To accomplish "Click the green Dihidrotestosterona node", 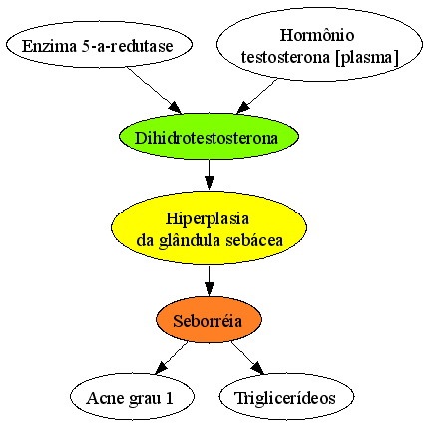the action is (210, 137).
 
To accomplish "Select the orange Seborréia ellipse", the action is (210, 320).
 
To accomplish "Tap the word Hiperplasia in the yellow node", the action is (208, 219).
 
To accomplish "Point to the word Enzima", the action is (49, 46).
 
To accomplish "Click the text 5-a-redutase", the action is (128, 46).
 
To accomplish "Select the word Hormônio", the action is (317, 35).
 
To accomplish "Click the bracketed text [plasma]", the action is (367, 57).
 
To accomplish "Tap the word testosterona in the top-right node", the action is (285, 57).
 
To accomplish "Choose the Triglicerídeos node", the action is (286, 397).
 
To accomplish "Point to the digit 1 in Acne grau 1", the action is (170, 398).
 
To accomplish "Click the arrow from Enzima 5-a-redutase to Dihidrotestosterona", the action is (154, 90).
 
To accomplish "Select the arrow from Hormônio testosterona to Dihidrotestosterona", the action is (256, 96).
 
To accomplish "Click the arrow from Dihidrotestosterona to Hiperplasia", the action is (209, 175).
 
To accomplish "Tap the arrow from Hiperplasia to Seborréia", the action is (209, 281).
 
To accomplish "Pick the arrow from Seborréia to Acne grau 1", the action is (172, 358).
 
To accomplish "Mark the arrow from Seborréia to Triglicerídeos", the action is (247, 358).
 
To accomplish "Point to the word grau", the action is (143, 399).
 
